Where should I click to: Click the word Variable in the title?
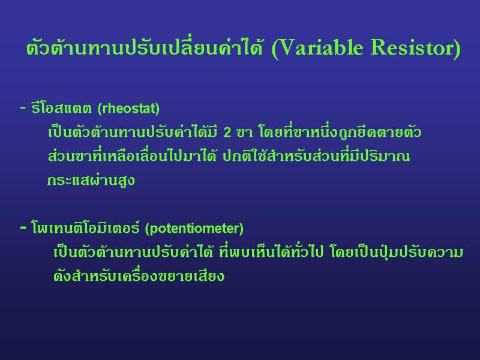coord(321,48)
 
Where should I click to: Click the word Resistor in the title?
coord(412,48)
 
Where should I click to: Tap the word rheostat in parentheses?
coord(128,109)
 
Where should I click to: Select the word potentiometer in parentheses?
coord(194,229)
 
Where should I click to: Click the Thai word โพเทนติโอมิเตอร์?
coord(85,227)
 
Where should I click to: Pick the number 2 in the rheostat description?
coord(227,133)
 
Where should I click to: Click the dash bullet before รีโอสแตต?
coord(23,108)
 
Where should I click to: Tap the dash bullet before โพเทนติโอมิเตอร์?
coord(23,228)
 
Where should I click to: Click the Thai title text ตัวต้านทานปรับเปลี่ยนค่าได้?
coord(145,48)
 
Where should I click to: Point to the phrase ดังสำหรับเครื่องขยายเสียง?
coord(139,275)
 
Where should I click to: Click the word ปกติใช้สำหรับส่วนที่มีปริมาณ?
coord(316,155)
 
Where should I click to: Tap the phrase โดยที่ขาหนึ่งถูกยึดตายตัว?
coord(340,132)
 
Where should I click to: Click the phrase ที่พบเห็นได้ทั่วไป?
coord(271,252)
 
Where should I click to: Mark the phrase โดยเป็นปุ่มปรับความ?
coord(397,252)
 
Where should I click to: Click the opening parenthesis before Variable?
coord(275,49)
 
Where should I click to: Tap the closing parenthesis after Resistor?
coord(457,49)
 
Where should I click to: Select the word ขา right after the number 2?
coord(245,133)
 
